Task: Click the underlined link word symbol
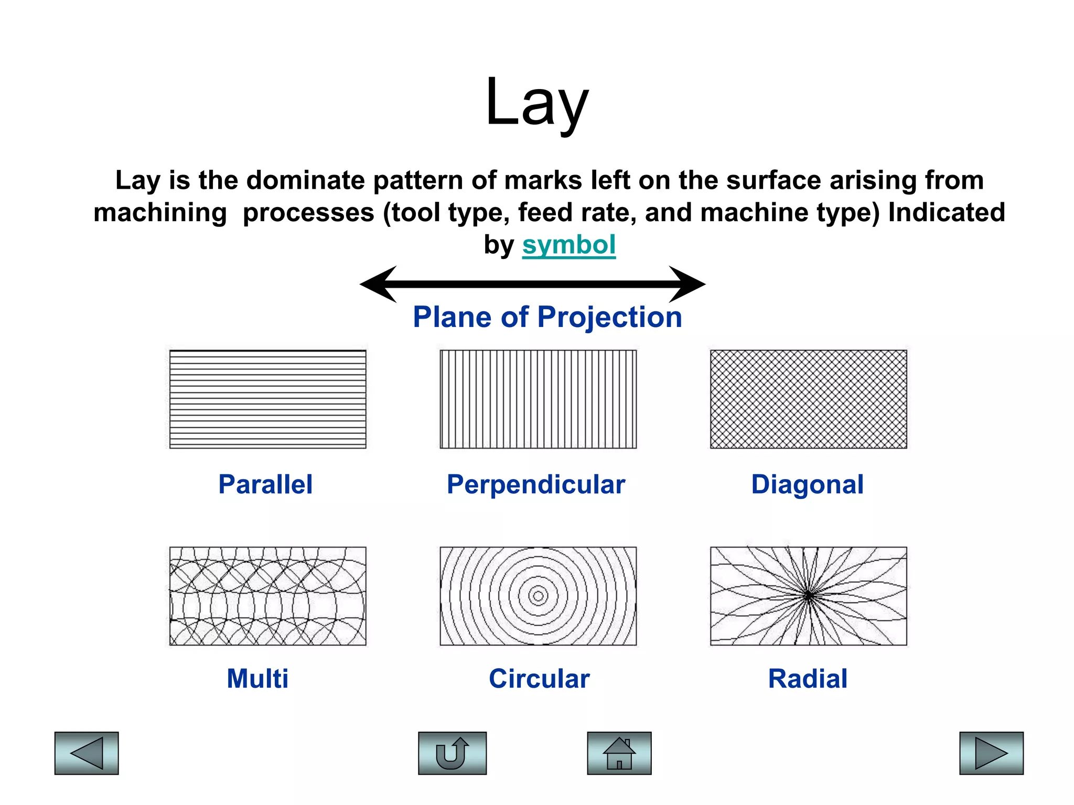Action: coord(568,245)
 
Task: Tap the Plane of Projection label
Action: coord(547,317)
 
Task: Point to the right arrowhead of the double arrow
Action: coord(686,284)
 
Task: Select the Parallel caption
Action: coord(265,484)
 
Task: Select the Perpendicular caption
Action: coord(536,484)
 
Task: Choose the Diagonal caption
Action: coord(807,484)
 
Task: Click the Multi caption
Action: coord(257,679)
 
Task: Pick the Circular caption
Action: coord(539,679)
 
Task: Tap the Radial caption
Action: coord(808,679)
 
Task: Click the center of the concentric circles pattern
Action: coord(538,595)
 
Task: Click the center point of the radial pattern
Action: coord(809,595)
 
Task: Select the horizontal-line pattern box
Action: coord(267,399)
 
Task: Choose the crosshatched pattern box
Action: coord(808,399)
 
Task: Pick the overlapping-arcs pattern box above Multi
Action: coord(267,596)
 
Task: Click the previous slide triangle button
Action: coord(87,753)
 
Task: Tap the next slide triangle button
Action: coord(991,753)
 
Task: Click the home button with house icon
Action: coord(619,753)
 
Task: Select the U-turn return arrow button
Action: coord(452,753)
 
